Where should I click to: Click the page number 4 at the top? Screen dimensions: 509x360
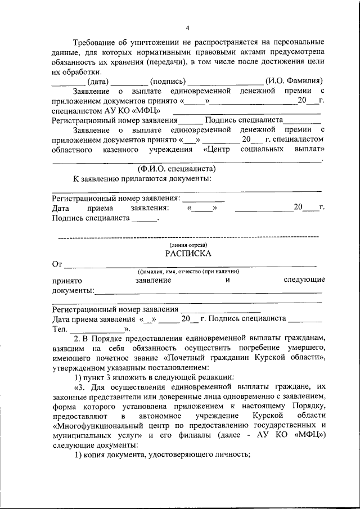click(x=188, y=28)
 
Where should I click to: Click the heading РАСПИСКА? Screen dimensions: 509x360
click(x=188, y=254)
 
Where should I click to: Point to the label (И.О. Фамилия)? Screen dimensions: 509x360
click(x=293, y=81)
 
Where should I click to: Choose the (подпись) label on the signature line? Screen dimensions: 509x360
click(x=167, y=81)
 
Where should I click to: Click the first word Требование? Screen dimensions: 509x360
click(x=96, y=43)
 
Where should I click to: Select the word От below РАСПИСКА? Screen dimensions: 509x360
click(x=57, y=264)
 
